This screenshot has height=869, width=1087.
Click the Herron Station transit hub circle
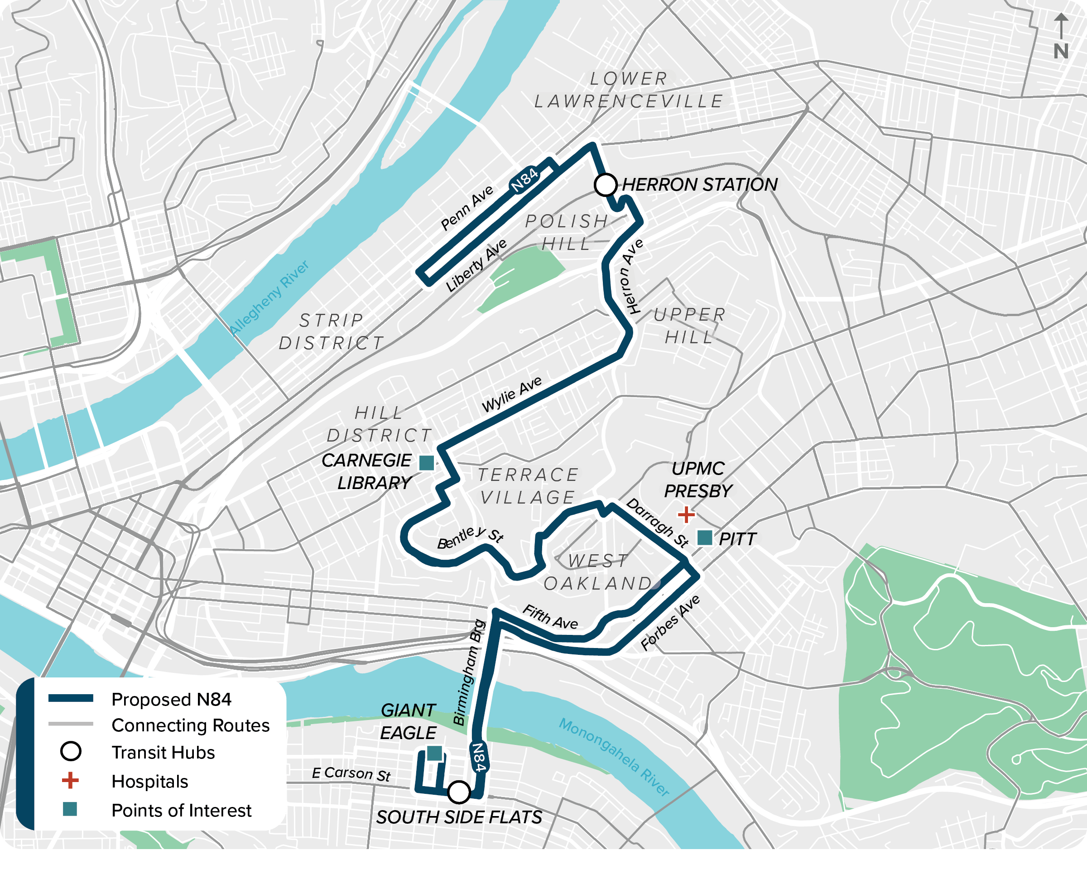[x=605, y=184]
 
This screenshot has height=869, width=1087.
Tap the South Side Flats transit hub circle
[x=459, y=792]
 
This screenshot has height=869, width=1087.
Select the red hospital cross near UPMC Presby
[x=686, y=514]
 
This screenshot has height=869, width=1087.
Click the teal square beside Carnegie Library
[x=427, y=462]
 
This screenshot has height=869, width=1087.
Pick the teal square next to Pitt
[x=704, y=538]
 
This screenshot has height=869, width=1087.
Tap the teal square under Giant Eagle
[x=435, y=753]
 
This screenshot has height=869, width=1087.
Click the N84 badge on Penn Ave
[x=524, y=180]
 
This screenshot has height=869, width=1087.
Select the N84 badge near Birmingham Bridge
[x=478, y=757]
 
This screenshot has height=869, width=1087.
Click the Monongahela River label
[x=614, y=757]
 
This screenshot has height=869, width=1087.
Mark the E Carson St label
[x=351, y=774]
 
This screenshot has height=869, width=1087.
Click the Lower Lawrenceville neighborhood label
[x=629, y=90]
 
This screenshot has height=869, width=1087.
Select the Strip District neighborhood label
[x=331, y=331]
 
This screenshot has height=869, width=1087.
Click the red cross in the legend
[x=70, y=780]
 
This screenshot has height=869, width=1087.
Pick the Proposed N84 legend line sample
[x=71, y=698]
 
